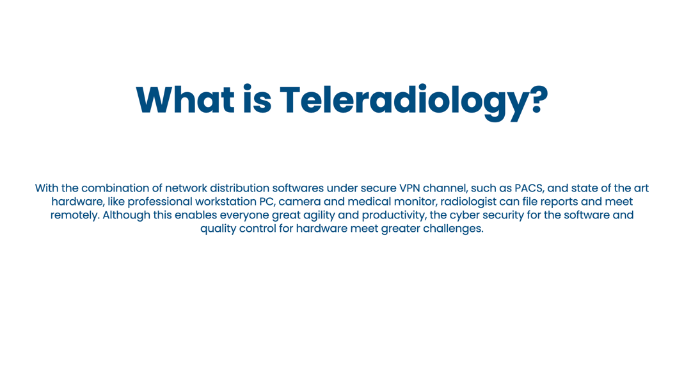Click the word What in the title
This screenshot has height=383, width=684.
(x=186, y=100)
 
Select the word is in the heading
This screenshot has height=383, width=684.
(x=257, y=99)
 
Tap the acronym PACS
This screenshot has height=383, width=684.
(x=529, y=188)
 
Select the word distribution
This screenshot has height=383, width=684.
(x=239, y=188)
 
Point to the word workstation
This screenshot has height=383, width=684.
(x=223, y=202)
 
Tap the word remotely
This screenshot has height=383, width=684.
(x=75, y=216)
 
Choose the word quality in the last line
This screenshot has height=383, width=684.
(x=218, y=229)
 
